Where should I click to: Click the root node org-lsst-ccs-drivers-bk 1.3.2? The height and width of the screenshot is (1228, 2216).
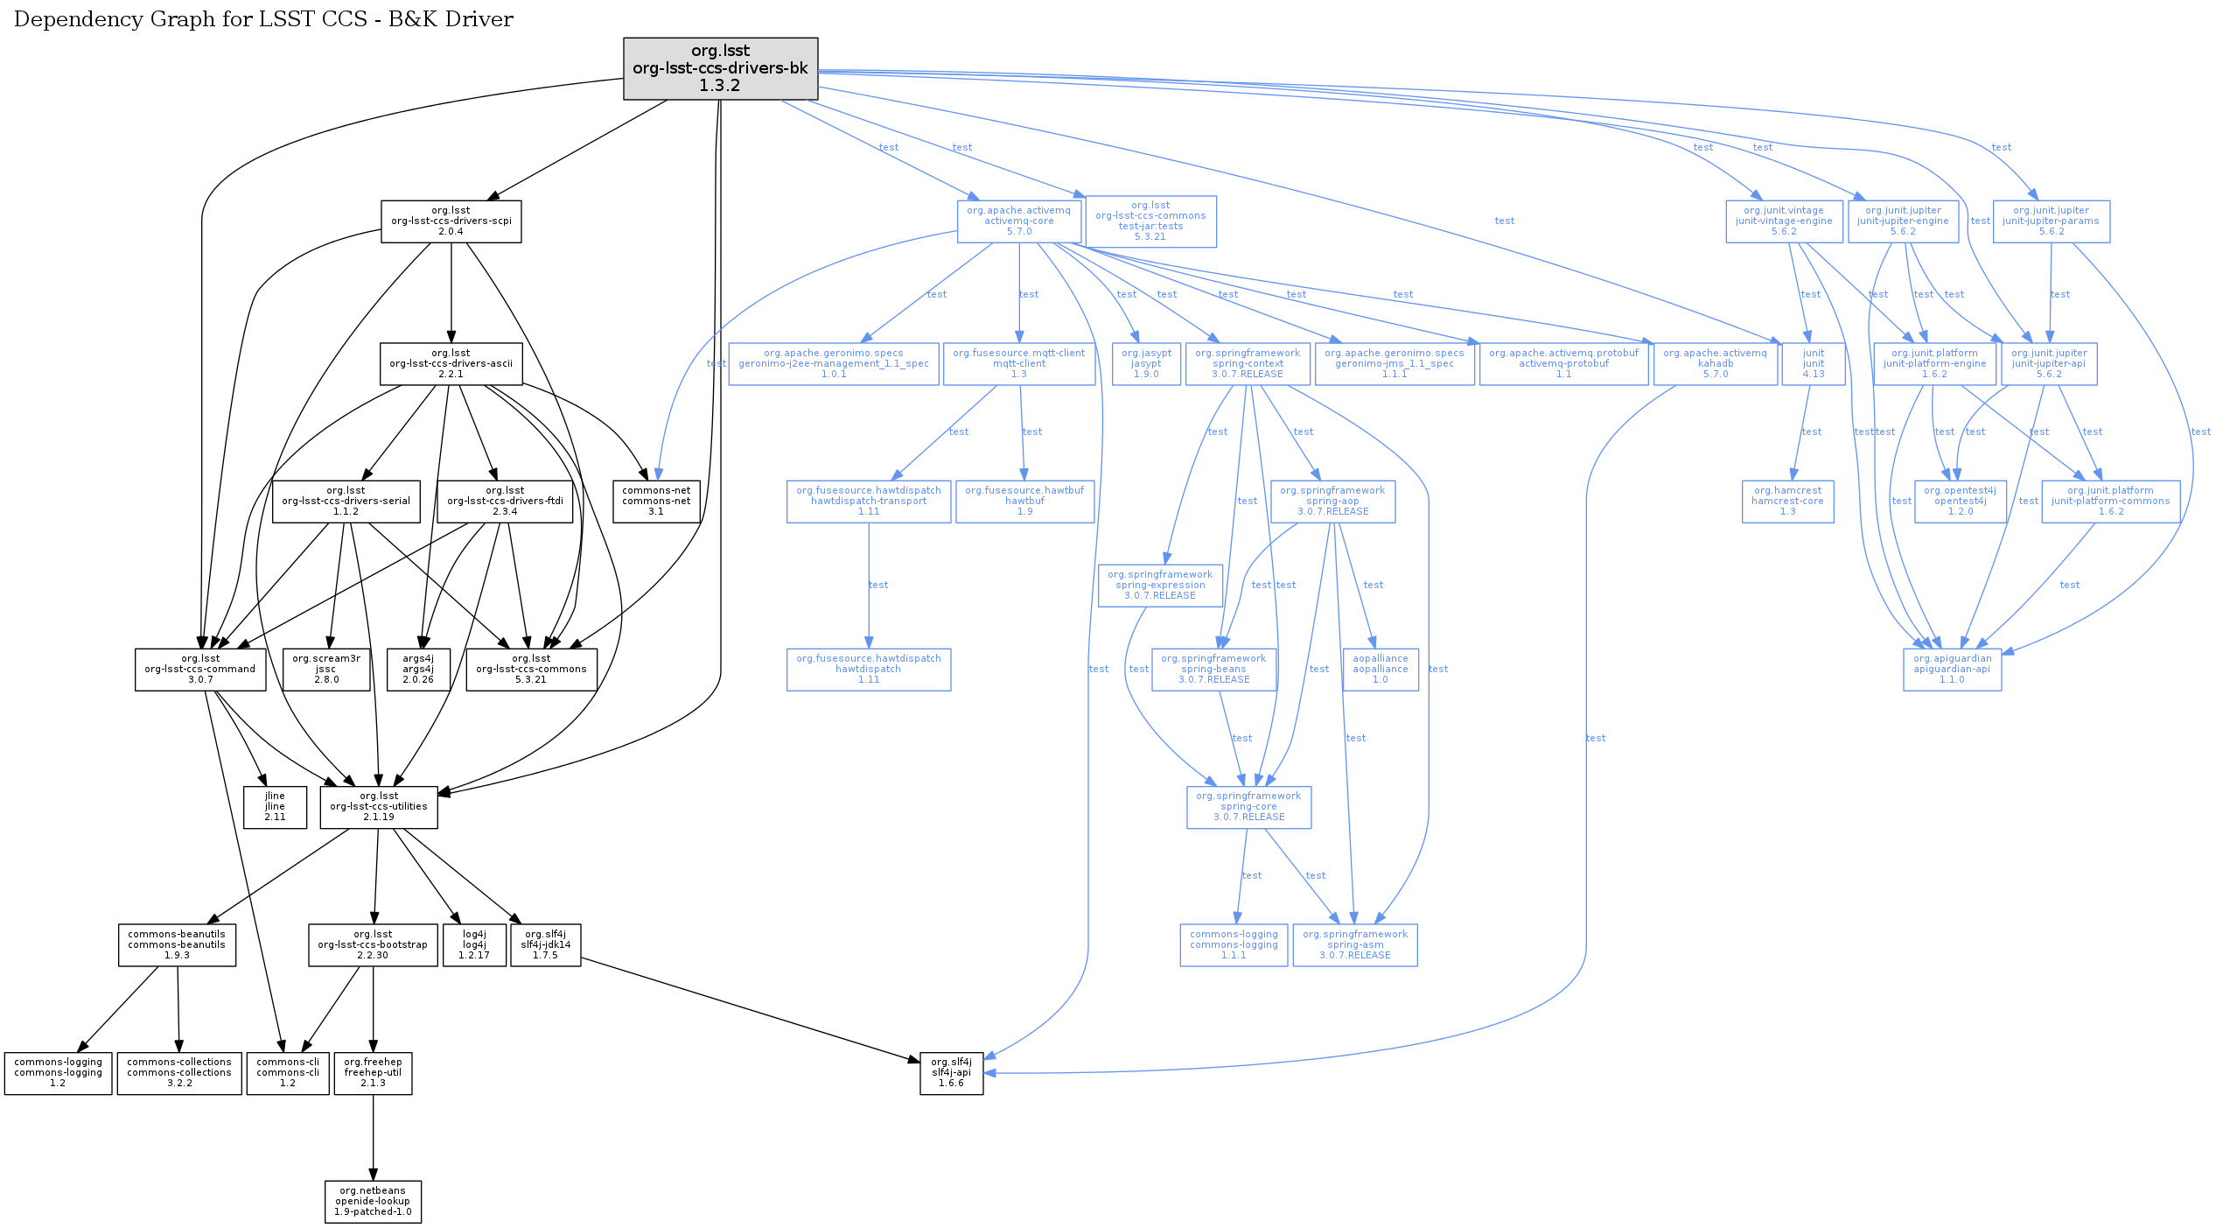pyautogui.click(x=720, y=68)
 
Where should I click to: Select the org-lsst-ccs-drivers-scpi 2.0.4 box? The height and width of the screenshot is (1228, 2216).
pyautogui.click(x=451, y=221)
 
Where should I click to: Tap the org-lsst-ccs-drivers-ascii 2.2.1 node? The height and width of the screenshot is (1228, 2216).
pyautogui.click(x=451, y=364)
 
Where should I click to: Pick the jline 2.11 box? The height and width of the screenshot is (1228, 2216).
pyautogui.click(x=275, y=807)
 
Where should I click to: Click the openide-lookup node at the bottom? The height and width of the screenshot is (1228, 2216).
pyautogui.click(x=373, y=1202)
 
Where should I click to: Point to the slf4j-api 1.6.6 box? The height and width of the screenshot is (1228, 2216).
pyautogui.click(x=951, y=1073)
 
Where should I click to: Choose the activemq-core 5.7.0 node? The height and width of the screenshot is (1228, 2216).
pyautogui.click(x=1018, y=221)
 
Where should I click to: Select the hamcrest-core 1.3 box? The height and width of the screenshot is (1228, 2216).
pyautogui.click(x=1787, y=502)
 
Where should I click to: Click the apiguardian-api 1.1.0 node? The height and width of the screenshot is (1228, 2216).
pyautogui.click(x=1951, y=670)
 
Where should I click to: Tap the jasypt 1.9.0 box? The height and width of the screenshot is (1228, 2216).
pyautogui.click(x=1146, y=364)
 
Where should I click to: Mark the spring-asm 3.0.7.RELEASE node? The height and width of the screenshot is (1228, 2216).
pyautogui.click(x=1354, y=945)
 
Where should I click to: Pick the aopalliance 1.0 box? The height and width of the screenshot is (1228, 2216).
pyautogui.click(x=1380, y=670)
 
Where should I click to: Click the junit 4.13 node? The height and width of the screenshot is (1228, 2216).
pyautogui.click(x=1813, y=364)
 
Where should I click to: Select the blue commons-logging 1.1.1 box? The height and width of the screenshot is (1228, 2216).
pyautogui.click(x=1234, y=945)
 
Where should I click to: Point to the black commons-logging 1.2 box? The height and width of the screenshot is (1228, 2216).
pyautogui.click(x=58, y=1073)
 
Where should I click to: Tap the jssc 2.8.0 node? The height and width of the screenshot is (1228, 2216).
pyautogui.click(x=326, y=670)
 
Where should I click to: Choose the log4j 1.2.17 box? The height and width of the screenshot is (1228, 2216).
pyautogui.click(x=474, y=945)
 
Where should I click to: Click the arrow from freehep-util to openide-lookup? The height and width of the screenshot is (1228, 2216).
pyautogui.click(x=374, y=1138)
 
